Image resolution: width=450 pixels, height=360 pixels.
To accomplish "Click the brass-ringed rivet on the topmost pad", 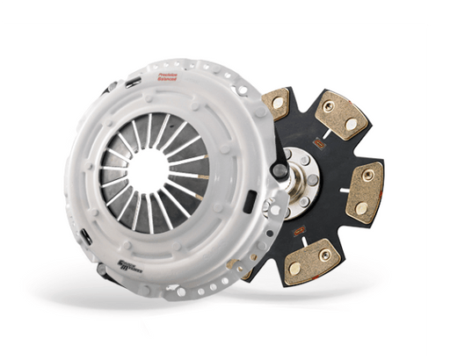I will [x=327, y=107].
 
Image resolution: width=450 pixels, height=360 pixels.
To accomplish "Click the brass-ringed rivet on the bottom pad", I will [x=327, y=253].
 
